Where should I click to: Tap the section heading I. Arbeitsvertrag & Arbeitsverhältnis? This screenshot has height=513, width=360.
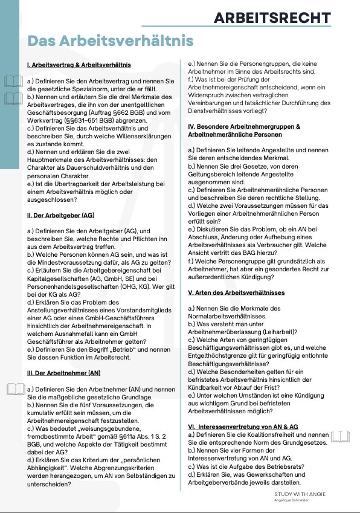pos(79,65)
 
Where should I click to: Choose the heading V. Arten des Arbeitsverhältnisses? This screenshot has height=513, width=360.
pos(237,293)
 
